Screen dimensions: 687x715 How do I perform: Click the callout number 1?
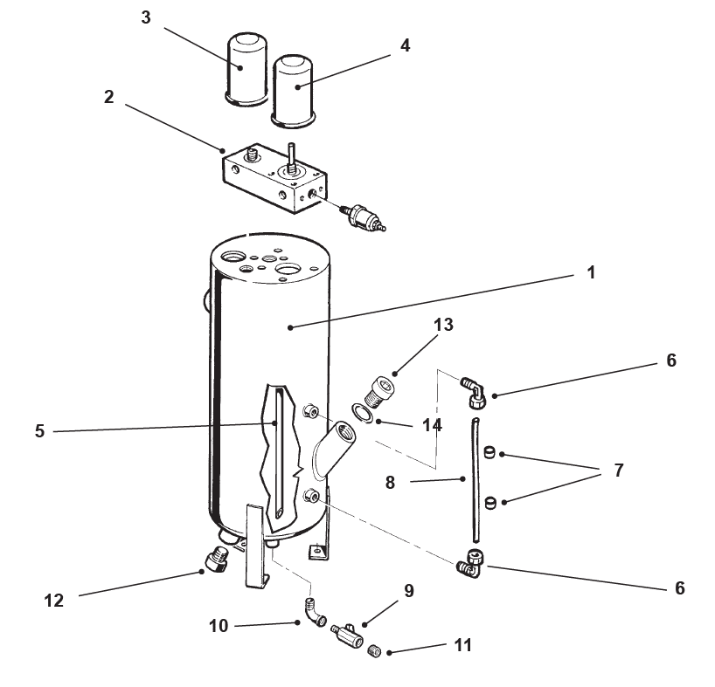[591, 273]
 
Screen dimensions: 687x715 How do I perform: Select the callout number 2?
[108, 97]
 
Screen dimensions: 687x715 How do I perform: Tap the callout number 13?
[443, 325]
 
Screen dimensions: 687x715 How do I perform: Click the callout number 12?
[54, 601]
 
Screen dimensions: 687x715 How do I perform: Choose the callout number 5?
[40, 430]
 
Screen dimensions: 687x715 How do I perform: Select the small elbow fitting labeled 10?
[314, 612]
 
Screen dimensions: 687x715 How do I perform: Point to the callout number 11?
[462, 645]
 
